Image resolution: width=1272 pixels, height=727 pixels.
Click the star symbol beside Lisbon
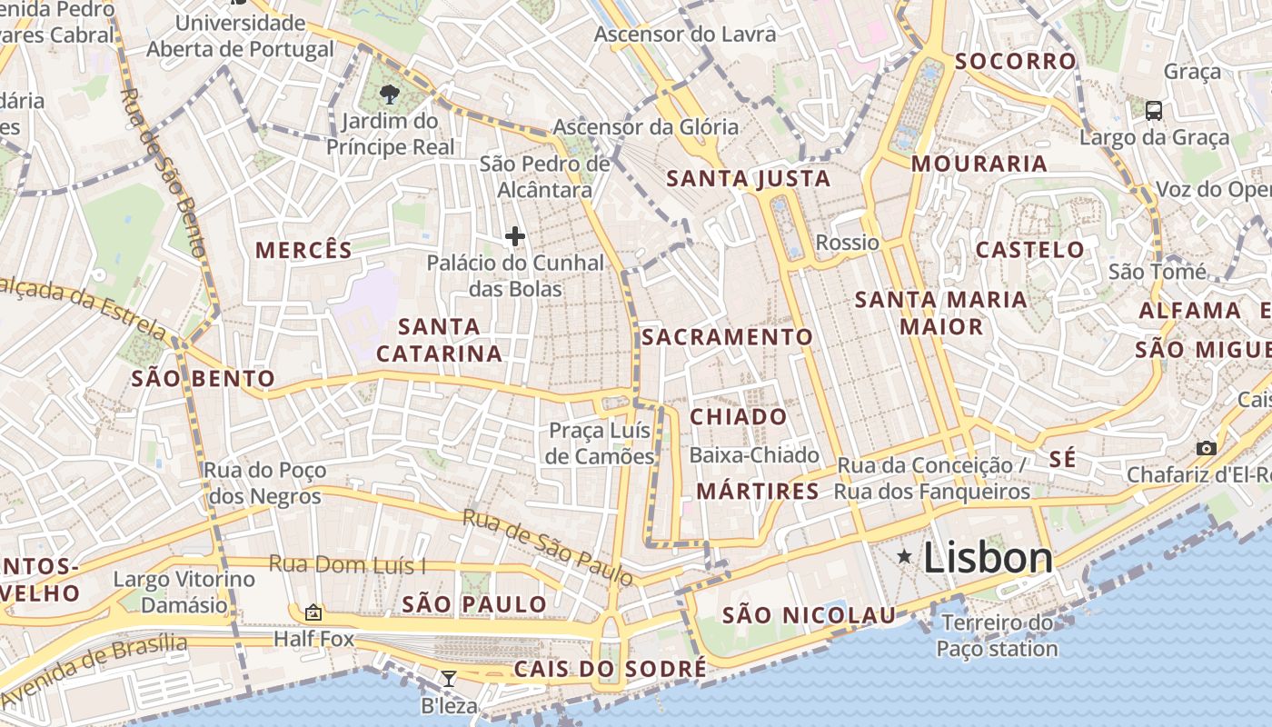pos(905,556)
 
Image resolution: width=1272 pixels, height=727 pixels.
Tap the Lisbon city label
pos(988,558)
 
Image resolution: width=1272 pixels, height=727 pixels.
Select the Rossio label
pos(848,243)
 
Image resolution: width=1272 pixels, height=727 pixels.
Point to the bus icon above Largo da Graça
pos(1154,111)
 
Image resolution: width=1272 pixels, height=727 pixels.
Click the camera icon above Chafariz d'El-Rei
pos(1206,448)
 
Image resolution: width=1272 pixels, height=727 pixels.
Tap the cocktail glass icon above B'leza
pos(448,678)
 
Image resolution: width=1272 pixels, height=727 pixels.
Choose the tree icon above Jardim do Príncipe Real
pos(390,94)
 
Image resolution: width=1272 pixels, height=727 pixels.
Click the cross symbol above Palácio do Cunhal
pos(515,236)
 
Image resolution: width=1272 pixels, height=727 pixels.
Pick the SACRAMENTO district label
pos(727,337)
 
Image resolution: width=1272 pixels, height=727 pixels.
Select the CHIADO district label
pos(739,417)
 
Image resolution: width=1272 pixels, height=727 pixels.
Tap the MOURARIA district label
pos(979,164)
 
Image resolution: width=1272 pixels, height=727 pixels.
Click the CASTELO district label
pos(1029,250)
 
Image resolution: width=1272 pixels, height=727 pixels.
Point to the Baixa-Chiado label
pos(754,455)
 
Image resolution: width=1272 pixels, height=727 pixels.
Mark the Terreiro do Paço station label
pos(997,636)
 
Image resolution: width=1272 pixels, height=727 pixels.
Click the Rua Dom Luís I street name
pos(347,565)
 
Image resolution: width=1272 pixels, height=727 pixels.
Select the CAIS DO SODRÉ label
pos(610,670)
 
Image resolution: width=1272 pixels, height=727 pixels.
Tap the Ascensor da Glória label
pos(645,127)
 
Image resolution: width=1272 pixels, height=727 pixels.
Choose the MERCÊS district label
pos(303,251)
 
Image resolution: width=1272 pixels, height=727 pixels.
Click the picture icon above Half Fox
pos(313,612)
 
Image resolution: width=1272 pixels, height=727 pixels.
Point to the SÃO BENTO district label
pos(204,379)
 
